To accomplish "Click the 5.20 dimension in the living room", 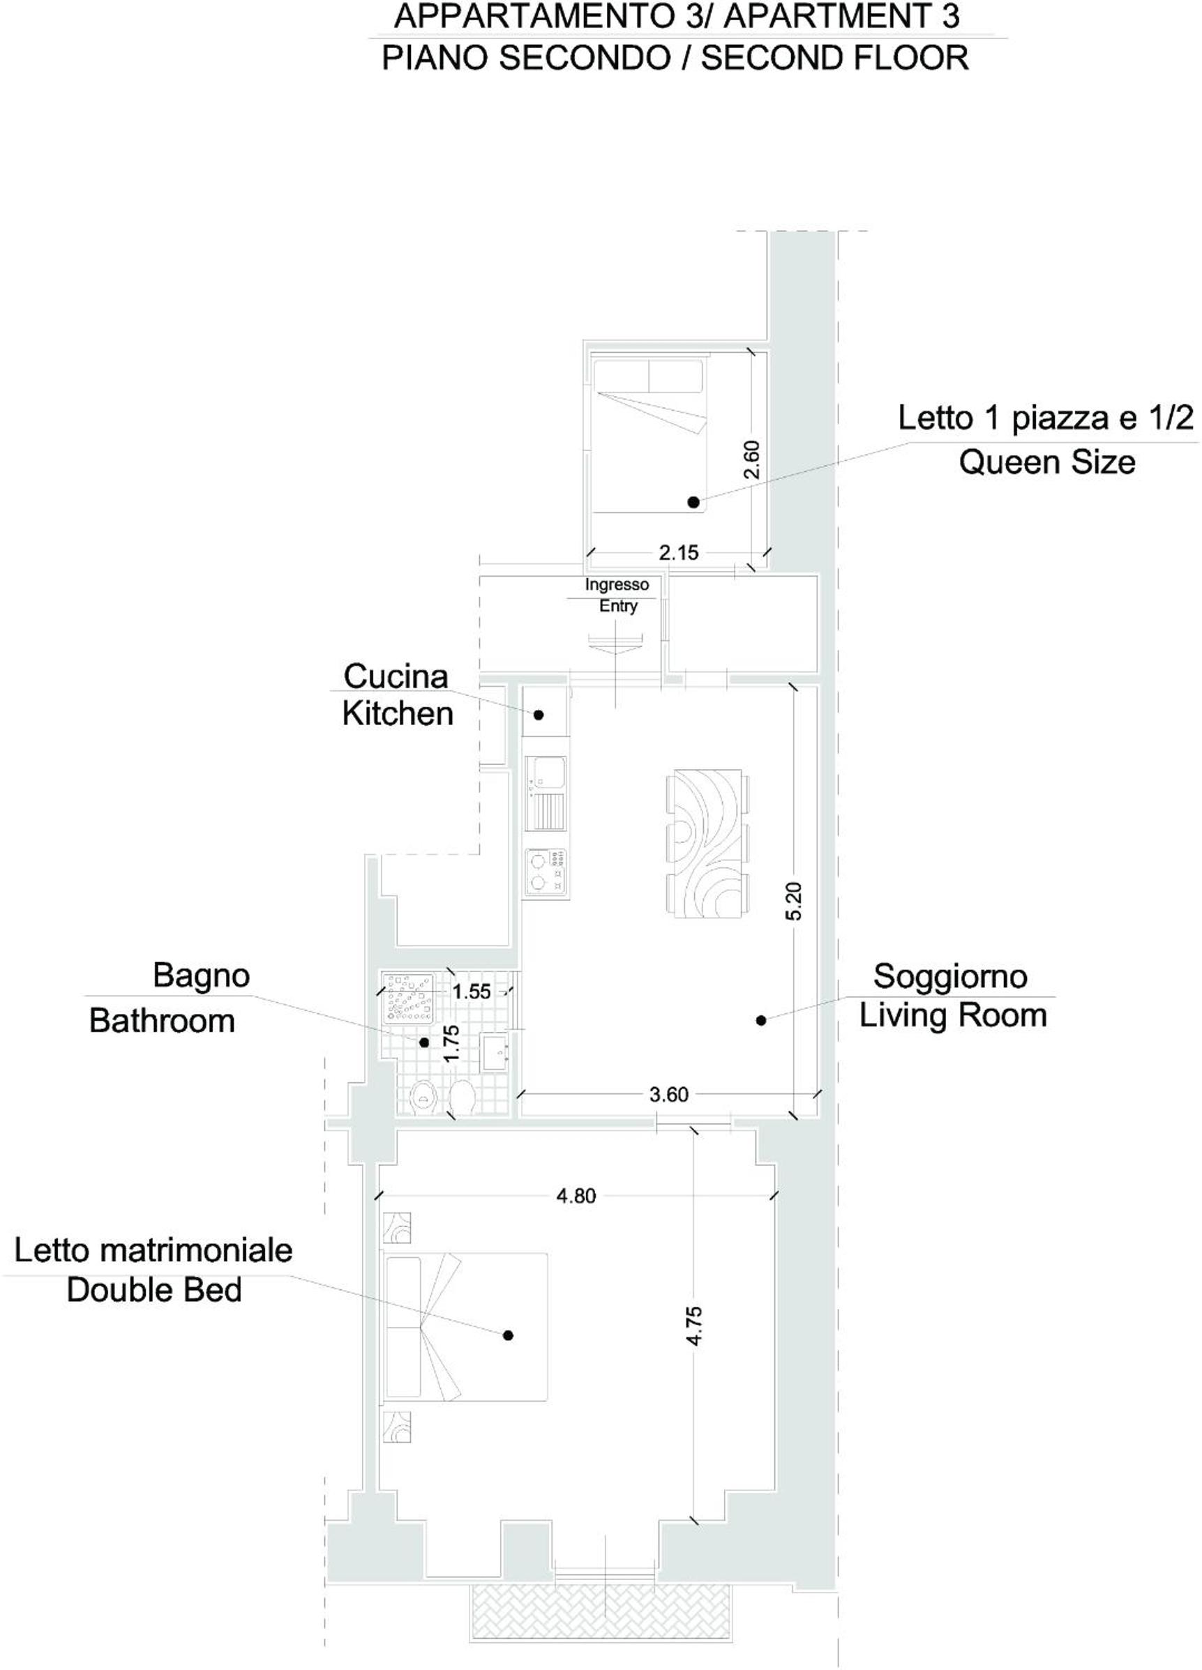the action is pyautogui.click(x=793, y=902).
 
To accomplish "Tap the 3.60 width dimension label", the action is pyautogui.click(x=669, y=1095).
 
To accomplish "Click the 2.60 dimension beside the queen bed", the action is pyautogui.click(x=751, y=460).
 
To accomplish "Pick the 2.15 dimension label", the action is pyautogui.click(x=678, y=552).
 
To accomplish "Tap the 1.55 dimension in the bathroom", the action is pyautogui.click(x=472, y=992).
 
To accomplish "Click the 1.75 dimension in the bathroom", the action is pyautogui.click(x=451, y=1043).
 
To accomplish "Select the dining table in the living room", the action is pyautogui.click(x=708, y=843).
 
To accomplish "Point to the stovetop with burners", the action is pyautogui.click(x=546, y=873).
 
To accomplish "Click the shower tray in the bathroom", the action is pyautogui.click(x=407, y=998).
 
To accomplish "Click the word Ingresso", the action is pyautogui.click(x=617, y=584).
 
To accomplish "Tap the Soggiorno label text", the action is pyautogui.click(x=950, y=977).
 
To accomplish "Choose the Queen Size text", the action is pyautogui.click(x=1046, y=462).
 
